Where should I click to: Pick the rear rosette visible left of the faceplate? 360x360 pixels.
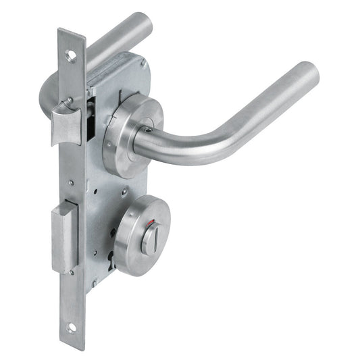click(49, 95)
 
